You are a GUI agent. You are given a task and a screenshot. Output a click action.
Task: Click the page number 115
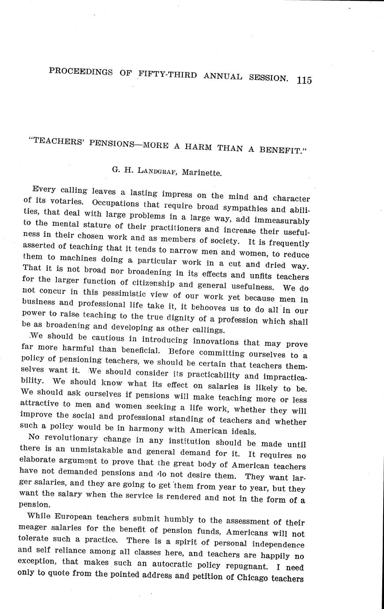pos(304,80)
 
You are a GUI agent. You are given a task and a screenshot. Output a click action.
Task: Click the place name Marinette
pos(202,172)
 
